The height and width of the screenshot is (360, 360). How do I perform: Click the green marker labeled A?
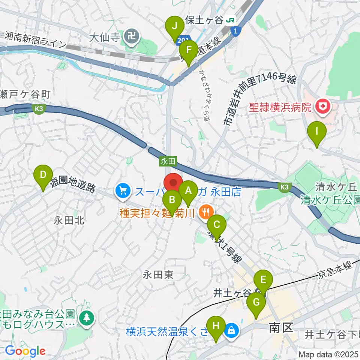click(188, 190)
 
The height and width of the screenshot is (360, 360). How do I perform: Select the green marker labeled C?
click(217, 225)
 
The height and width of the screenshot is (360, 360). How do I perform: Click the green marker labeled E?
click(263, 279)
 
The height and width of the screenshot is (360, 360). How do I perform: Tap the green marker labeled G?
click(256, 301)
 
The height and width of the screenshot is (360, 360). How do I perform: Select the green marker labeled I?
click(317, 132)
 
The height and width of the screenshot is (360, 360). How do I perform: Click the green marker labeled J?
click(175, 26)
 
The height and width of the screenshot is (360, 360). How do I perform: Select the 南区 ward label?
click(281, 328)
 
